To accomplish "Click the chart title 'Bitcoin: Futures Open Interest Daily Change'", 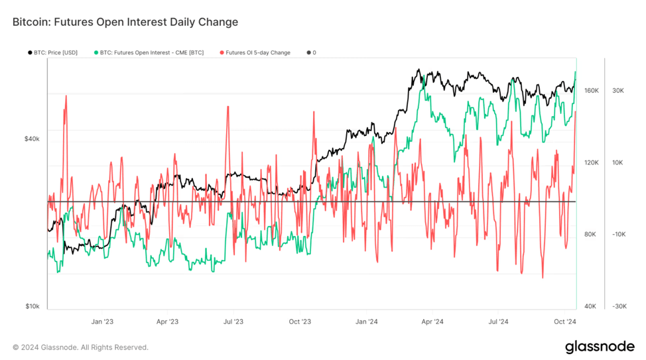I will click(x=125, y=22).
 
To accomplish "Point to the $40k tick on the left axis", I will click(x=32, y=139).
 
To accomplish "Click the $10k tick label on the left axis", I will click(x=32, y=306).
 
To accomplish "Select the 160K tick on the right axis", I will click(x=591, y=90).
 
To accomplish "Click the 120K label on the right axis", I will click(x=591, y=162).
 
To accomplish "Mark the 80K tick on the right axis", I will click(x=591, y=234).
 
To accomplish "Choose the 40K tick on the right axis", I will click(x=591, y=306).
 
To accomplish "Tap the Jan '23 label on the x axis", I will click(x=101, y=322).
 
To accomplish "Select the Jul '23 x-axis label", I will click(x=233, y=322).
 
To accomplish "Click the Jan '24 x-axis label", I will click(x=367, y=322).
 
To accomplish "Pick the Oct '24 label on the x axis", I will click(x=564, y=322).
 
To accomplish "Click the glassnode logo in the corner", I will click(x=600, y=347).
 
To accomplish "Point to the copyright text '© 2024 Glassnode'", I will click(x=80, y=347).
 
